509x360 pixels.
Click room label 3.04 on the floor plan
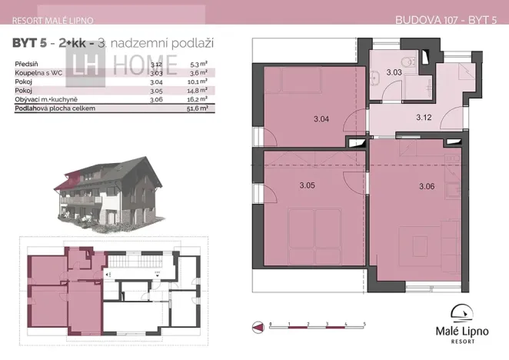pos(321,119)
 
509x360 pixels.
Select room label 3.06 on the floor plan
pos(427,186)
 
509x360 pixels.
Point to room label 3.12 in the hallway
pos(424,118)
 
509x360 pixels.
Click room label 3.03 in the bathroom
pos(394,72)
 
